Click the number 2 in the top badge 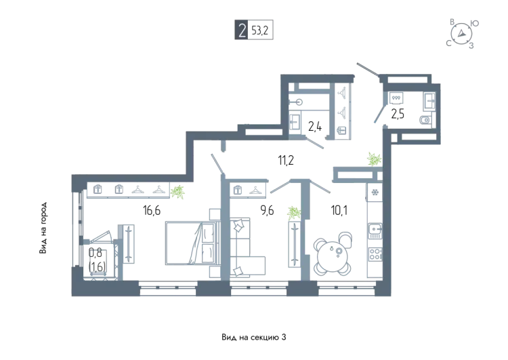(242, 31)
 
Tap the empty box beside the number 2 (261, 31)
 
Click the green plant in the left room (177, 192)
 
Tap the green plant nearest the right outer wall (373, 159)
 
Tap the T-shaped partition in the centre (298, 186)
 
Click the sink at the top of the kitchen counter (375, 197)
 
